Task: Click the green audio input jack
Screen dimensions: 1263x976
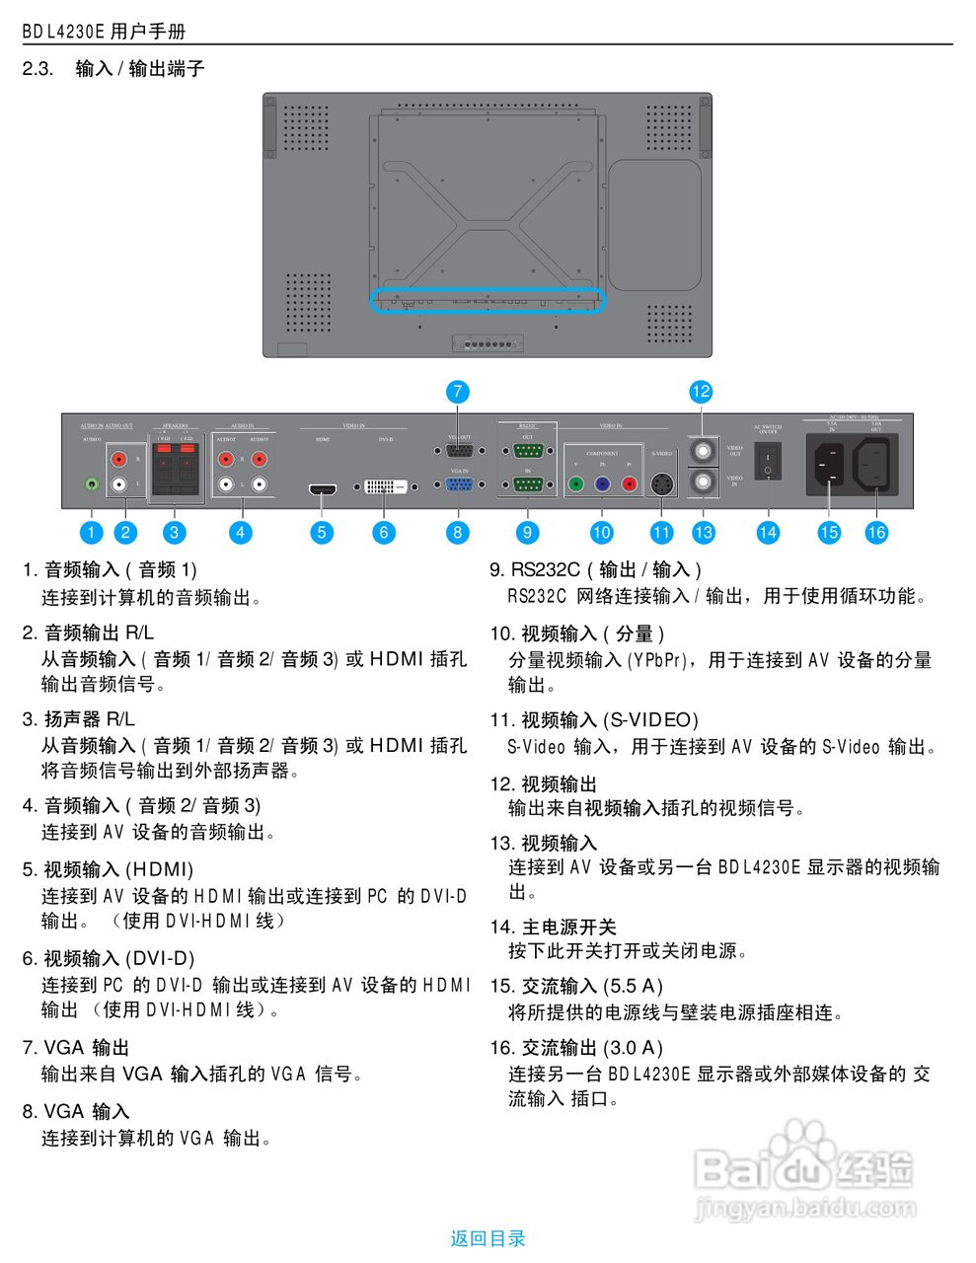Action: [x=92, y=484]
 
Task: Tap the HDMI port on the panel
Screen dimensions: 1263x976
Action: [x=322, y=488]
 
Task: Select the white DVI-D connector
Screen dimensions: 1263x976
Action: [x=384, y=486]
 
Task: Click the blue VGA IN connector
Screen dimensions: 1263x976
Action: [x=459, y=484]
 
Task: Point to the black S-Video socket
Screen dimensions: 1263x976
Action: [x=661, y=484]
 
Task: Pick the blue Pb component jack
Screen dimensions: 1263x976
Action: [x=602, y=484]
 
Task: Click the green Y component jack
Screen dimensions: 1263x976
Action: [x=575, y=484]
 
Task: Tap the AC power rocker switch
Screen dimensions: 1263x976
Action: [x=768, y=462]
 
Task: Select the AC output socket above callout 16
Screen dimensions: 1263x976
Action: [x=875, y=463]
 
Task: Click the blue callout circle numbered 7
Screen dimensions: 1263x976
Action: [x=457, y=392]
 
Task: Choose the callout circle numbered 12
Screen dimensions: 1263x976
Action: [x=701, y=392]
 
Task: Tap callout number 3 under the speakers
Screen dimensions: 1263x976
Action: [x=175, y=533]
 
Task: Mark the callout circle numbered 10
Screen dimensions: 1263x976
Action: [x=602, y=533]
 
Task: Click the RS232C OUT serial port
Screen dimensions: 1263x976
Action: [x=528, y=451]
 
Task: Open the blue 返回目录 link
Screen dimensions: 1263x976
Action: [x=488, y=1238]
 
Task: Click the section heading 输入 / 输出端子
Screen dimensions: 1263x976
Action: [x=140, y=69]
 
